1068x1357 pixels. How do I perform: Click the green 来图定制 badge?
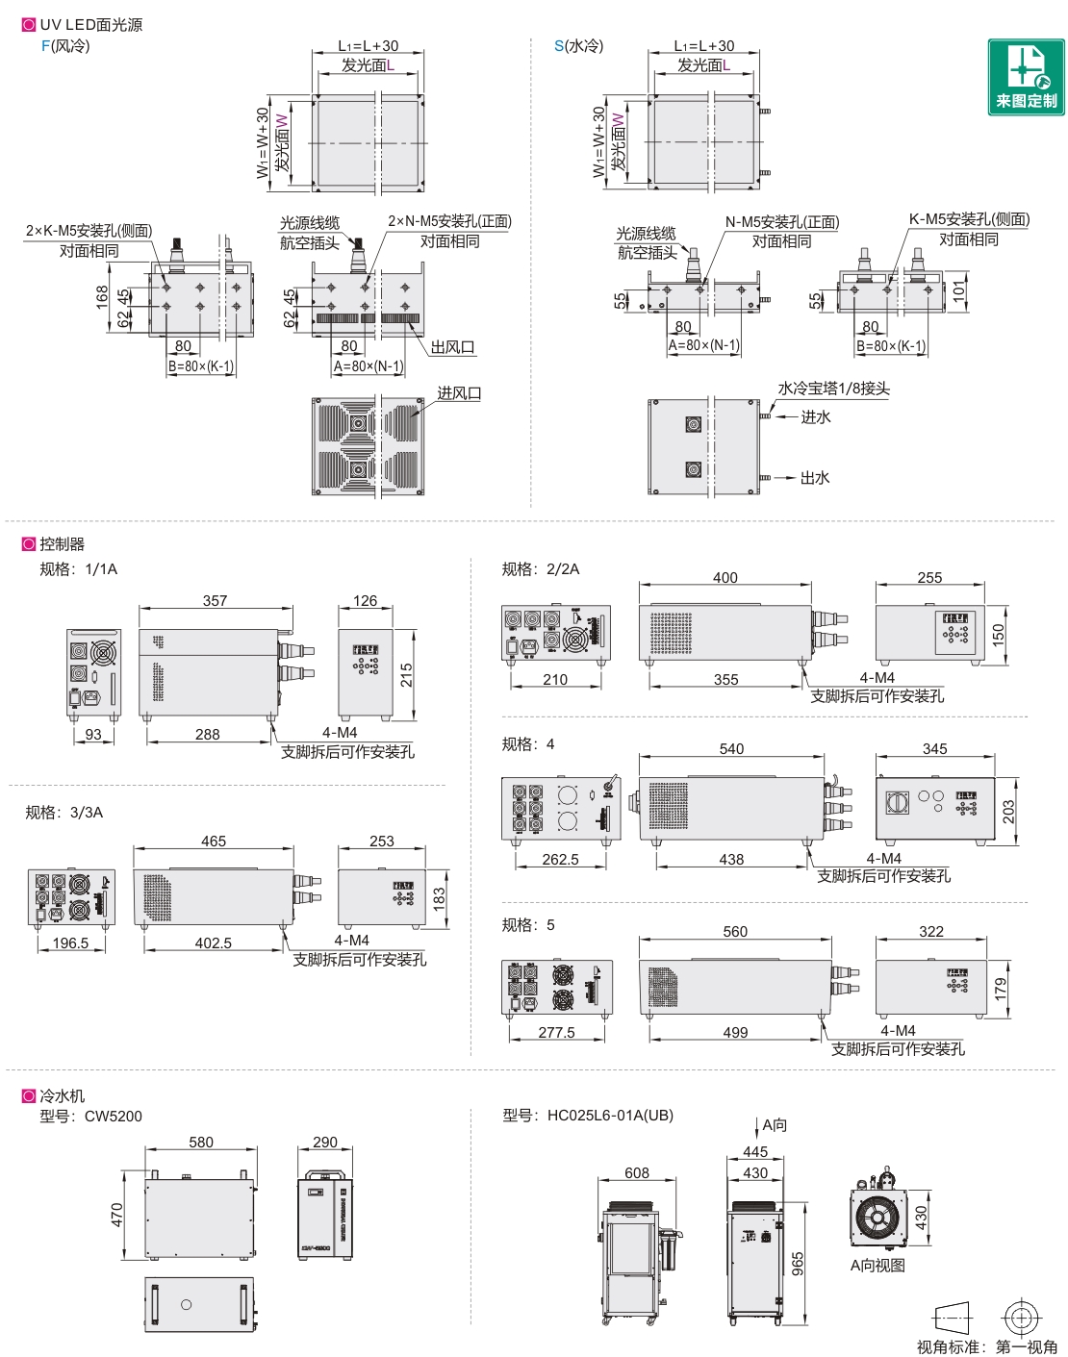click(x=1026, y=77)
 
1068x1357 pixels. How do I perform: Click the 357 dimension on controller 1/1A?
click(x=215, y=600)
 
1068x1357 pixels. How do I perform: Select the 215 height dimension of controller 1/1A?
click(x=407, y=674)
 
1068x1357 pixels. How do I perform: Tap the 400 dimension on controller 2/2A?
click(x=725, y=577)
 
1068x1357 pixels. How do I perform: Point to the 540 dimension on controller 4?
click(x=731, y=748)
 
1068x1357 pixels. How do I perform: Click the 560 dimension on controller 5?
click(x=735, y=931)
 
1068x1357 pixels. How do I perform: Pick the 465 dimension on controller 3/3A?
click(x=214, y=841)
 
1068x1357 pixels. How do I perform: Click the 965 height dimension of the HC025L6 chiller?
click(x=798, y=1264)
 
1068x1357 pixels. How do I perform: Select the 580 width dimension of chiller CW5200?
click(x=201, y=1142)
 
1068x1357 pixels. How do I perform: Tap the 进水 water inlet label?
click(x=816, y=416)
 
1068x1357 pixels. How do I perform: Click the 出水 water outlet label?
click(x=815, y=477)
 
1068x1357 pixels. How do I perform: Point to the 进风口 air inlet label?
click(x=459, y=392)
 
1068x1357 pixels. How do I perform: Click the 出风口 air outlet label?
click(x=452, y=346)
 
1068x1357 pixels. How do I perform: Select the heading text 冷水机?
click(x=63, y=1095)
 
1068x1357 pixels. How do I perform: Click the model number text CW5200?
click(x=114, y=1116)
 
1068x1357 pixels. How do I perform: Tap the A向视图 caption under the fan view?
click(x=877, y=1265)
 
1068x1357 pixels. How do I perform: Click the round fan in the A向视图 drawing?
click(x=877, y=1218)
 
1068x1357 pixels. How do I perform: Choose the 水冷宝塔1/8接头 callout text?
click(x=833, y=389)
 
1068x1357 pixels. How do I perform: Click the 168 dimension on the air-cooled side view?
click(x=103, y=296)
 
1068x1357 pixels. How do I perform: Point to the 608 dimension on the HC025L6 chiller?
click(x=637, y=1172)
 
